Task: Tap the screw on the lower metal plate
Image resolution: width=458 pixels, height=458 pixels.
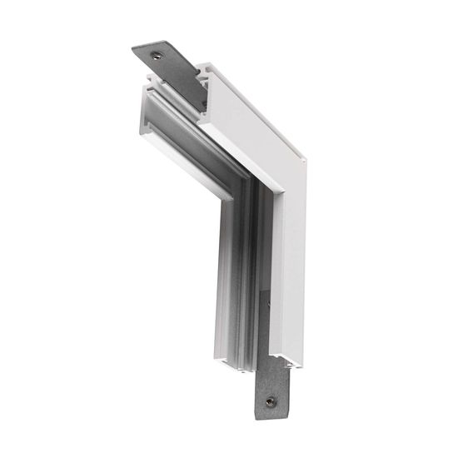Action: (x=270, y=402)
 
